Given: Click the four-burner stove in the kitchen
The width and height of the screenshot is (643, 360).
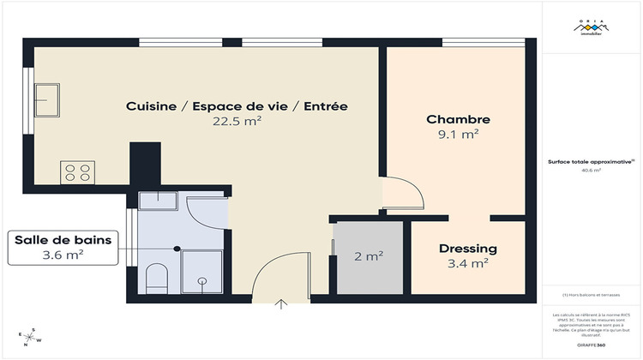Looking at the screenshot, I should click(77, 172).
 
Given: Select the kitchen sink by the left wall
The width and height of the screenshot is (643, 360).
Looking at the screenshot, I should click(45, 99).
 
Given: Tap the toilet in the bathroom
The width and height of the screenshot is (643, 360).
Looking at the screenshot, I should click(156, 278).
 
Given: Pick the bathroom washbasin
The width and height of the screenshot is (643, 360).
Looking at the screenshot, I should click(158, 201).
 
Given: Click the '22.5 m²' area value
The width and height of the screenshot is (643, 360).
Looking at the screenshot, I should click(237, 122).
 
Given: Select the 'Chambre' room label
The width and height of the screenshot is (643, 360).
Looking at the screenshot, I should click(458, 119).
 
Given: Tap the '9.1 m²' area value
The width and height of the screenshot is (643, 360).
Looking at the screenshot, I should click(458, 135).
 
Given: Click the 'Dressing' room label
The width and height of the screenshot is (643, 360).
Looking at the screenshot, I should click(467, 249).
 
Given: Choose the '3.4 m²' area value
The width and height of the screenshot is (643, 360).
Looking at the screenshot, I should click(467, 264).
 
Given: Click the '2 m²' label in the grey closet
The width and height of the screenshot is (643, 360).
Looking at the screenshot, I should click(368, 256).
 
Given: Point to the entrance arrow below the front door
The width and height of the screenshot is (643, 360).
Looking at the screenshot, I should click(281, 303).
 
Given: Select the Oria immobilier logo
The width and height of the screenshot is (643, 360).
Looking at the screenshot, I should click(592, 28).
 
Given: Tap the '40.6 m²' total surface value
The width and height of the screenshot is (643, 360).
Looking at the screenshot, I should click(592, 171).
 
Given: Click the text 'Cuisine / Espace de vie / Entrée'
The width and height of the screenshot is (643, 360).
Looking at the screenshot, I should click(237, 106).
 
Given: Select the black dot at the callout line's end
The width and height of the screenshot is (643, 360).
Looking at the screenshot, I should click(177, 248).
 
